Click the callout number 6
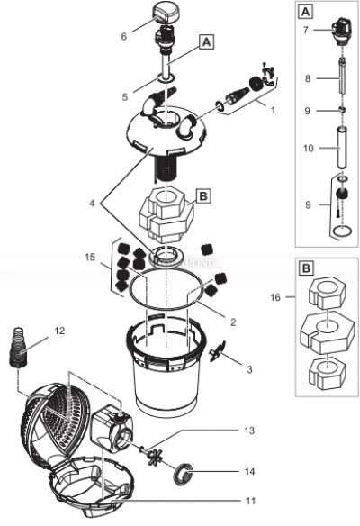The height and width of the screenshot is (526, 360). click(124, 37)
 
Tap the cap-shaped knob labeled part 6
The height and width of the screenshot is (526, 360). click(164, 14)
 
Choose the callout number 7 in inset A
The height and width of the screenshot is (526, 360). click(305, 29)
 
